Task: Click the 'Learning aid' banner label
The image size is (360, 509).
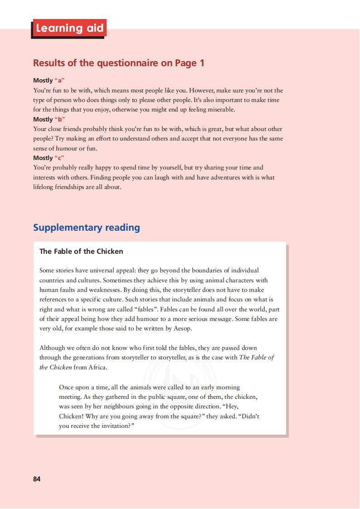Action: click(x=69, y=29)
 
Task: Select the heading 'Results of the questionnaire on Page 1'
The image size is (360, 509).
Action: click(x=119, y=63)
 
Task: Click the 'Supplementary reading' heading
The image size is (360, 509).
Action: click(x=87, y=228)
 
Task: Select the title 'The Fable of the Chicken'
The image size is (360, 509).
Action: click(x=81, y=251)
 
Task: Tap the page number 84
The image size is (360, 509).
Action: click(x=37, y=479)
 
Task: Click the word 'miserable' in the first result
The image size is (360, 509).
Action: click(x=221, y=110)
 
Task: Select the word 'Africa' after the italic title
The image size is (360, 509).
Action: click(x=96, y=367)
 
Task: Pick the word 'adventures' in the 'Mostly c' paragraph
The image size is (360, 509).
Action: click(x=225, y=178)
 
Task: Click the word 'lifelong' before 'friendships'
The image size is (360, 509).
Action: click(x=44, y=187)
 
